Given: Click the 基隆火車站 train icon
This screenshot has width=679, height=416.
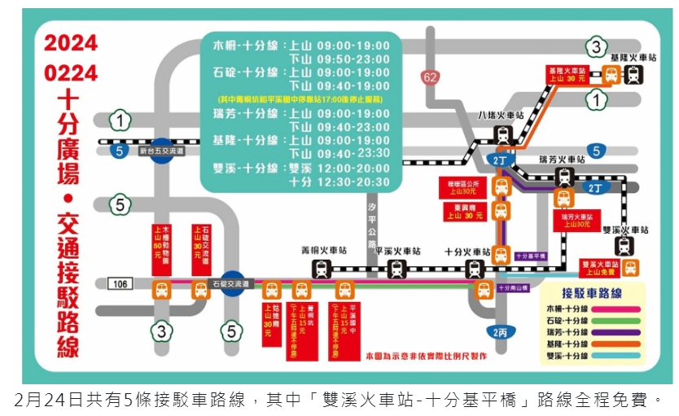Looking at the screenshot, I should [633, 75].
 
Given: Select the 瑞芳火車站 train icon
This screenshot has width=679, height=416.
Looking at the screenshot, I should [563, 177].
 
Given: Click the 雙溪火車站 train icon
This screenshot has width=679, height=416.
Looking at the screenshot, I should [624, 246].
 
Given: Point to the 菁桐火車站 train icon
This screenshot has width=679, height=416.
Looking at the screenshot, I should [322, 269].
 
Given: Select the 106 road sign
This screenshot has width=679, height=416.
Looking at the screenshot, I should [119, 283].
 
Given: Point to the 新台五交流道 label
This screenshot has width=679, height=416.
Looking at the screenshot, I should [162, 151].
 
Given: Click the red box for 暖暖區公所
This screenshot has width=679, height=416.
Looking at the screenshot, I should [456, 187].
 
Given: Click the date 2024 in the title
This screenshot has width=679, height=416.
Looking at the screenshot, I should [71, 43].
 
